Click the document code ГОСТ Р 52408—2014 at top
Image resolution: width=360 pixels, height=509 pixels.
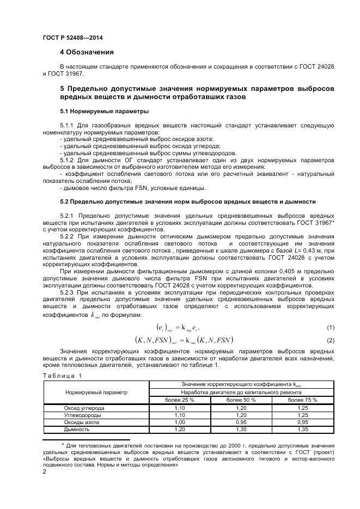(x=72, y=38)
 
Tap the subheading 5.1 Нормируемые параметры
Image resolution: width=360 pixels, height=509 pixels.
(x=96, y=111)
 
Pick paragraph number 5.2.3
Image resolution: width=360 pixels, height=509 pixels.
(x=69, y=292)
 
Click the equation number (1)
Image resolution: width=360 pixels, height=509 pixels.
(x=330, y=327)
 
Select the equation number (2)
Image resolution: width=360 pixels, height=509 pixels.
(x=330, y=340)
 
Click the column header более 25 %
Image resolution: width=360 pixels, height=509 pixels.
(x=179, y=400)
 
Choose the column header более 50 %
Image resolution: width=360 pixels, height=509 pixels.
(x=241, y=400)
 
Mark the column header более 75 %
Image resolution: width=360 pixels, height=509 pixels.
(x=303, y=400)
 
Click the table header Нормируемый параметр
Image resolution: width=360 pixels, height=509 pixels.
(x=96, y=392)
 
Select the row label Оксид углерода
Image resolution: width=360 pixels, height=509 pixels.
(x=84, y=408)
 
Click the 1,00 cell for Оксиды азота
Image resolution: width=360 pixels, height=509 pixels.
(x=179, y=422)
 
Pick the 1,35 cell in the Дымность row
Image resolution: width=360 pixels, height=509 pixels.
(x=303, y=429)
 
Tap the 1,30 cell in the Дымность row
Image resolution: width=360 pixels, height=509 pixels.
(x=241, y=429)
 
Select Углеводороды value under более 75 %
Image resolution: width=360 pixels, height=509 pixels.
(x=303, y=415)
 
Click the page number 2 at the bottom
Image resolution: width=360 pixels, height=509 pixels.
(x=44, y=472)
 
